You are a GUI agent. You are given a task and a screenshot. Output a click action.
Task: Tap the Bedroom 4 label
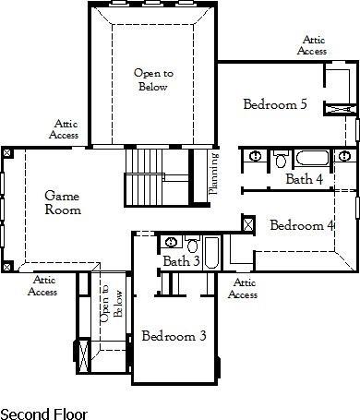pyautogui.click(x=302, y=224)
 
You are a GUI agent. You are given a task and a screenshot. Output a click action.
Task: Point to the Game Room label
pyautogui.click(x=63, y=202)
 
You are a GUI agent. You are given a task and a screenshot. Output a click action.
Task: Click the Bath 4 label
pyautogui.click(x=305, y=178)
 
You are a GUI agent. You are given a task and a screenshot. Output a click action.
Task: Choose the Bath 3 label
pyautogui.click(x=182, y=261)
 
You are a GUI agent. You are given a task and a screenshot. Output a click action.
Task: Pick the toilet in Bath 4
pyautogui.click(x=282, y=159)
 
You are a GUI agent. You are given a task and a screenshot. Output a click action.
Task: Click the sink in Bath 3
pyautogui.click(x=171, y=243)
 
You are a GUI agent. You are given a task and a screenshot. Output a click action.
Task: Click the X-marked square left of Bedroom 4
pyautogui.click(x=247, y=223)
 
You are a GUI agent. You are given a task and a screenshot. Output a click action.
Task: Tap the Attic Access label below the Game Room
pyautogui.click(x=43, y=285)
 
